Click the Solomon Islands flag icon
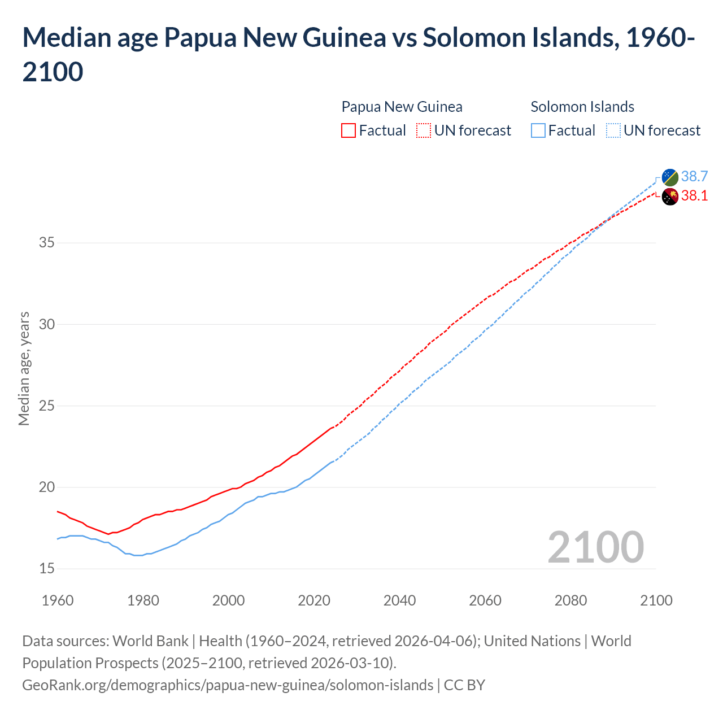point(670,177)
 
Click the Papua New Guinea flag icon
point(670,197)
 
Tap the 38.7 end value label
point(694,177)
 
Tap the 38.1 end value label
point(694,196)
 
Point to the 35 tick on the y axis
point(47,243)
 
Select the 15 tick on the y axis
point(47,569)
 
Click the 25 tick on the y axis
point(47,406)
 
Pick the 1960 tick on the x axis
point(58,600)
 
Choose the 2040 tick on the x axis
point(399,600)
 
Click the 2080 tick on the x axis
point(570,600)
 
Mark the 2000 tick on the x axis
point(228,600)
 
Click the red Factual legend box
point(349,131)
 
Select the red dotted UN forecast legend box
point(424,131)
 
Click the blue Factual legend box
point(538,131)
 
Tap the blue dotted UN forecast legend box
point(613,131)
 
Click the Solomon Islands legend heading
point(582,107)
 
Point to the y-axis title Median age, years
point(24,368)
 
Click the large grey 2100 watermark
point(595,547)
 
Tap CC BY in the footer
point(464,685)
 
